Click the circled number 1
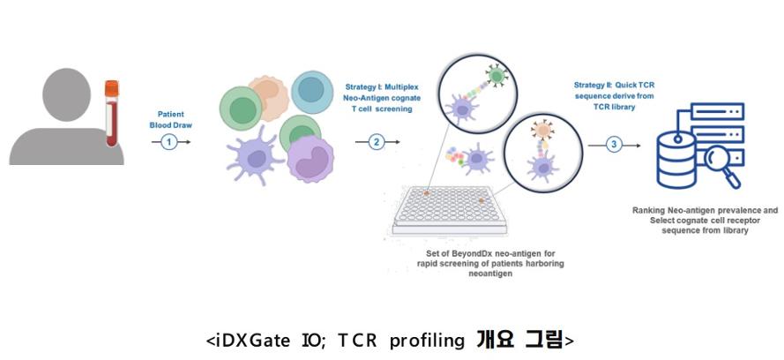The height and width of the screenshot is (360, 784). (x=169, y=143)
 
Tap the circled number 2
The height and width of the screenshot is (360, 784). (x=376, y=142)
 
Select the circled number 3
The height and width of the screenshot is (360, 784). (x=614, y=145)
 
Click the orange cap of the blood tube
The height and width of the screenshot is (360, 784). (x=111, y=88)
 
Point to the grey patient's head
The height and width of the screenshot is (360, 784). (x=66, y=95)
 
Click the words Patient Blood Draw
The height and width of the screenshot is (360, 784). (x=170, y=120)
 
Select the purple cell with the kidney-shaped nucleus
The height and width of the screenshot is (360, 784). (x=310, y=160)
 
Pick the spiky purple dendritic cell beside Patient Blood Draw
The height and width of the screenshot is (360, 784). (x=255, y=160)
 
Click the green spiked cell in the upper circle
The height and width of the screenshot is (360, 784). (x=496, y=76)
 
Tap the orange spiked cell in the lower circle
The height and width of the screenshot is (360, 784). (x=541, y=131)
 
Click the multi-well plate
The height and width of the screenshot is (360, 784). (x=449, y=210)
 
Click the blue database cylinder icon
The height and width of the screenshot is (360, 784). (x=677, y=160)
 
